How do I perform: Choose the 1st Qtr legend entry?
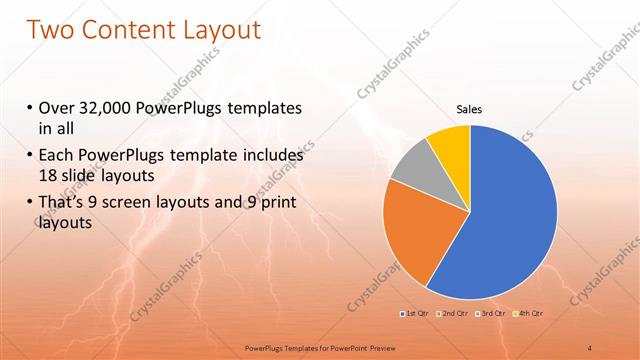point(416,315)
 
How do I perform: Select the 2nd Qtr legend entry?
point(455,315)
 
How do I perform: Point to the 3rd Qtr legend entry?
point(493,315)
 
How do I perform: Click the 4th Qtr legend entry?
point(530,315)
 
